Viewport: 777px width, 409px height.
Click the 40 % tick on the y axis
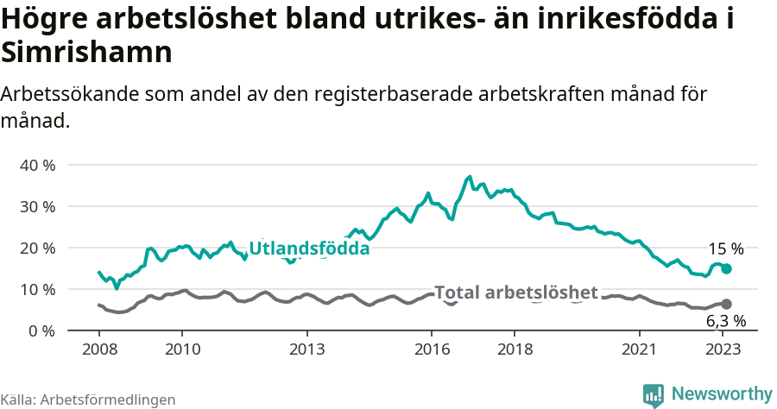[36, 165]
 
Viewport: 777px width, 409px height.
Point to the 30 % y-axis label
[36, 206]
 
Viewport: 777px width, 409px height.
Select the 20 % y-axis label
[36, 248]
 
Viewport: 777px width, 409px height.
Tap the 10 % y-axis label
[36, 289]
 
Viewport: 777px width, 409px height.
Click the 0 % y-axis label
[41, 330]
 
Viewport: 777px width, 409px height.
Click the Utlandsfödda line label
[309, 249]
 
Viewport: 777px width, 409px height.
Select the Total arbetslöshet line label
[515, 293]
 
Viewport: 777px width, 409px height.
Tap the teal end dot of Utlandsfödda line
[726, 269]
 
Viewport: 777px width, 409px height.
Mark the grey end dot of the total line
[726, 304]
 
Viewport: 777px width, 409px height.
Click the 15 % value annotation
[726, 249]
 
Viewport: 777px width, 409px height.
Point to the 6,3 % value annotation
[726, 321]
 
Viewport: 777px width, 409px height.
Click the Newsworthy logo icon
[654, 394]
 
